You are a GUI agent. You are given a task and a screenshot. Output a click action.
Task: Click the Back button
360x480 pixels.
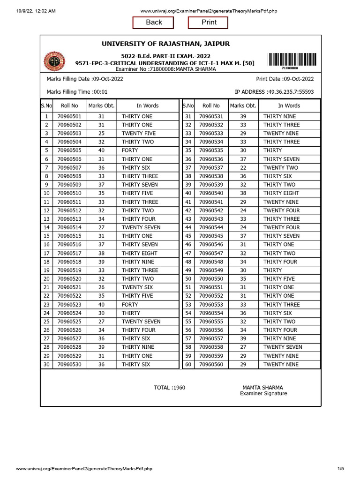(153, 22)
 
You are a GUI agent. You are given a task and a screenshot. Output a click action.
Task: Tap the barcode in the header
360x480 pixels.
(292, 60)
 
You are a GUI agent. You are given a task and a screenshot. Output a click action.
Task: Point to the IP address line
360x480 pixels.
(274, 92)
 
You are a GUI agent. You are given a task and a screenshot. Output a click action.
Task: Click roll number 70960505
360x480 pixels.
(69, 150)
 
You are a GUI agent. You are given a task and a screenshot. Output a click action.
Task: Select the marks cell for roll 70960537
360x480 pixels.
(243, 168)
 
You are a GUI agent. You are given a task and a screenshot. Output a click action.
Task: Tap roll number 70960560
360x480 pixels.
(211, 364)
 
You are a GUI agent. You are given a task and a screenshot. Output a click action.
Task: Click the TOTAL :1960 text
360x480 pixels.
(170, 388)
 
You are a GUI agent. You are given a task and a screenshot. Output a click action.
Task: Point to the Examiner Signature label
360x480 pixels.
(263, 394)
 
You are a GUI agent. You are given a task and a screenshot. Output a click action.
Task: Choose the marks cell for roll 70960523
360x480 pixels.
(101, 305)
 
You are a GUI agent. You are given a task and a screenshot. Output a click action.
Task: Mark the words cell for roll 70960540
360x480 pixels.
(281, 193)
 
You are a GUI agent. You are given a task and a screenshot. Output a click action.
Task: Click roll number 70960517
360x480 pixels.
(69, 254)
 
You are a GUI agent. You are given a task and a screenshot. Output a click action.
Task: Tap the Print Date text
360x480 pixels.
(285, 79)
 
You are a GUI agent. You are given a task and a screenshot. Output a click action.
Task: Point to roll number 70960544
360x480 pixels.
(211, 227)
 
